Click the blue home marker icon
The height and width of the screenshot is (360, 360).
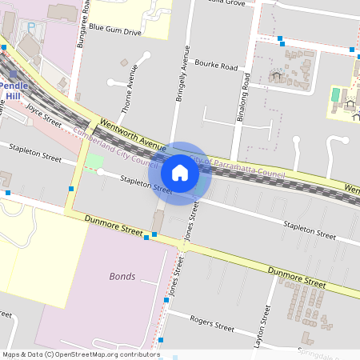pyautogui.click(x=180, y=173)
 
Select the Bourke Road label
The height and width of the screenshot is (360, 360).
pyautogui.click(x=217, y=66)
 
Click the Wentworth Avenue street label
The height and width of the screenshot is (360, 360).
pyautogui.click(x=132, y=134)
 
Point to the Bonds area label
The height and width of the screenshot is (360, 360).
pyautogui.click(x=122, y=276)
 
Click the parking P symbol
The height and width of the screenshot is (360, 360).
pyautogui.click(x=31, y=27)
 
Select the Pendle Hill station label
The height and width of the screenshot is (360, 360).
pyautogui.click(x=13, y=90)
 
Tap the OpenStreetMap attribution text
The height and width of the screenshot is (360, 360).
pyautogui.click(x=81, y=354)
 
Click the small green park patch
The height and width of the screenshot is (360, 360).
pyautogui.click(x=94, y=161)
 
